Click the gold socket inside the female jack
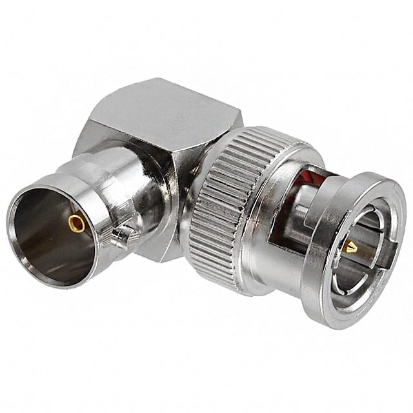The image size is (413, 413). [x=77, y=224]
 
